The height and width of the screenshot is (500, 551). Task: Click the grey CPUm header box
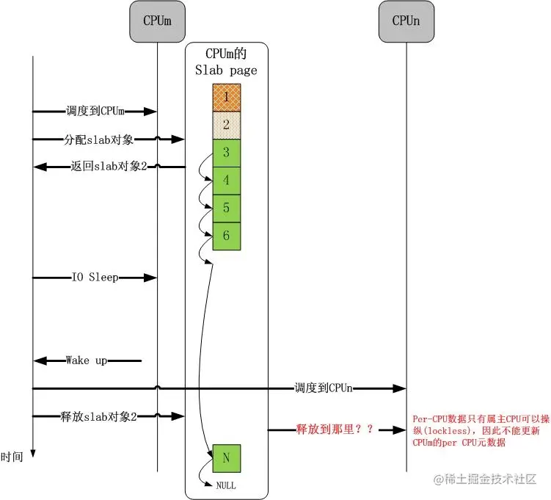point(157,21)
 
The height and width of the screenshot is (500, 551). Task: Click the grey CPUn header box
point(405,21)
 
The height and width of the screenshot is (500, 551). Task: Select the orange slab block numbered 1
point(227,97)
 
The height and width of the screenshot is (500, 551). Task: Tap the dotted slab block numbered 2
point(227,125)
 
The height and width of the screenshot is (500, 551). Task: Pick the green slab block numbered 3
point(227,153)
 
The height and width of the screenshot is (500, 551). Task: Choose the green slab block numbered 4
point(227,180)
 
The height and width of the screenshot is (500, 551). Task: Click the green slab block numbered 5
point(227,208)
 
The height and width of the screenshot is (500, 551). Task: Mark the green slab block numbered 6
point(227,236)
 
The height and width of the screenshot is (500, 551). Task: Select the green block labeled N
point(227,458)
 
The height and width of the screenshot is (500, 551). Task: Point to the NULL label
point(226,485)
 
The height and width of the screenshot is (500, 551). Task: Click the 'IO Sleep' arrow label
point(95,278)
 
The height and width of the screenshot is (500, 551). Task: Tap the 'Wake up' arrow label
point(87,360)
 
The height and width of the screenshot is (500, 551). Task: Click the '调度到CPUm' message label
point(95,111)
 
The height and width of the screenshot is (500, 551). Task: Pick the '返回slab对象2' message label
point(109,167)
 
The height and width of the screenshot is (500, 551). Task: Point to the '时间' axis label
point(12,457)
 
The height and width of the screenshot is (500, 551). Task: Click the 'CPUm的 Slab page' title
point(226,63)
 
